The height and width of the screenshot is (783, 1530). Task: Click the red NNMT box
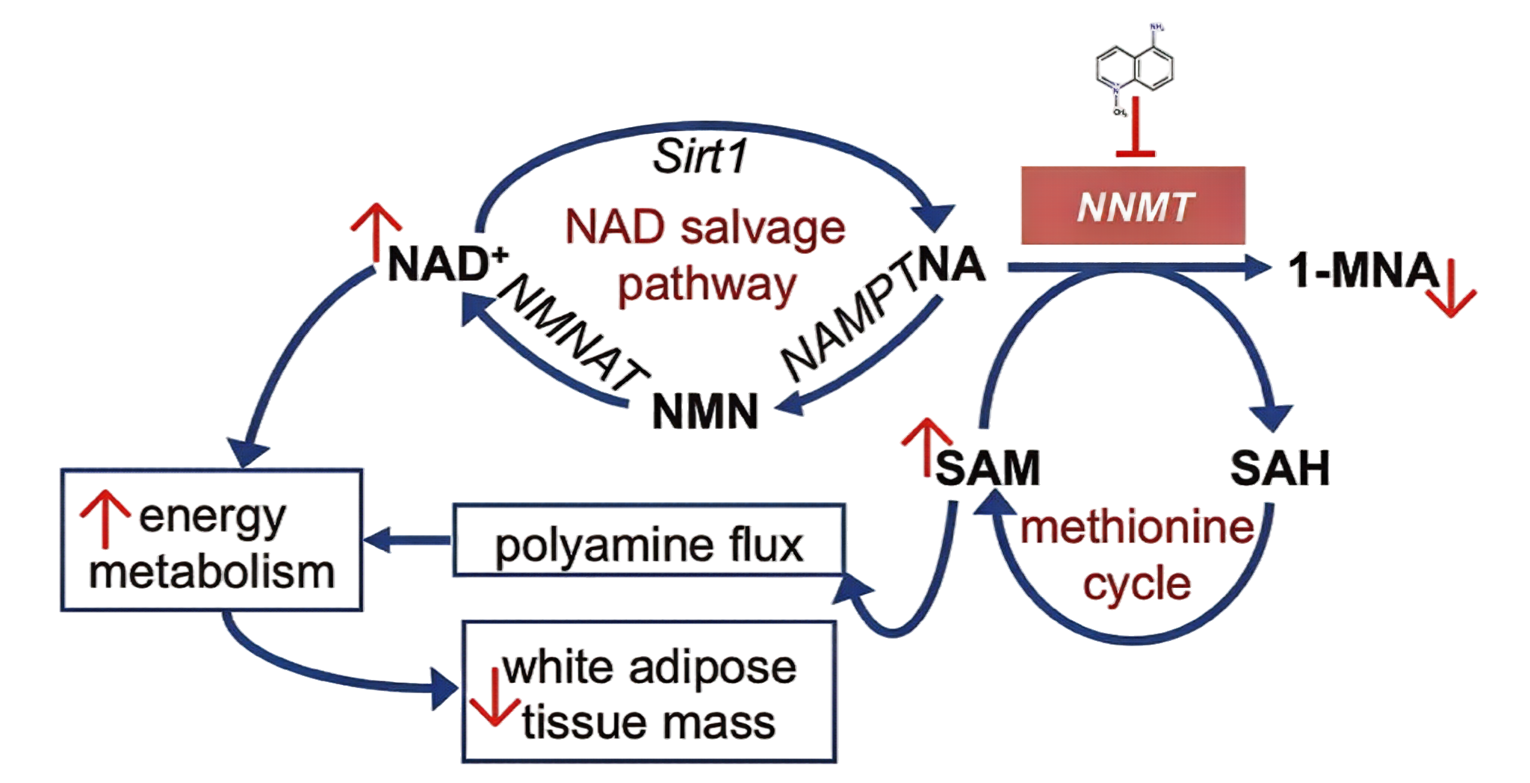(1133, 205)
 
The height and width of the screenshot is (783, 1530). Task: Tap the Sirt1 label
(700, 157)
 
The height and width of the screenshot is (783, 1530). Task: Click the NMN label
(705, 412)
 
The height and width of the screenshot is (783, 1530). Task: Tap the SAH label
(1280, 468)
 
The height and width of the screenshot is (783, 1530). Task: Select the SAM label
(988, 468)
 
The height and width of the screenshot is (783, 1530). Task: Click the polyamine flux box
(648, 541)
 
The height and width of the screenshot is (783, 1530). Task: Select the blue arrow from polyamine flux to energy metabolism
(407, 539)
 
